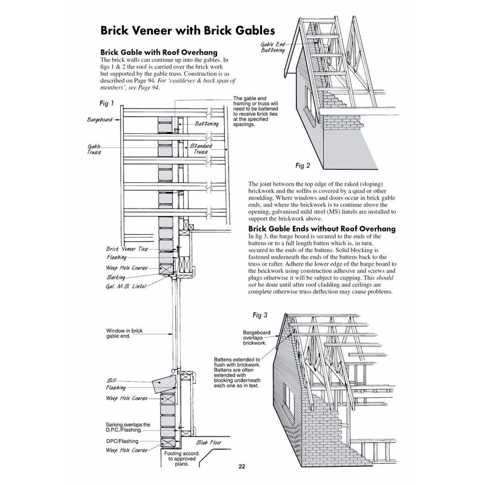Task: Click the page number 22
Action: [x=242, y=467]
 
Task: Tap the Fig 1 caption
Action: [x=107, y=103]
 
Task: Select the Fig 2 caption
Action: [x=303, y=166]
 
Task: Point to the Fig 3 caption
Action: [x=260, y=315]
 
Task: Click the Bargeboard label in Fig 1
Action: [x=99, y=119]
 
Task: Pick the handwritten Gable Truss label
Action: [x=94, y=149]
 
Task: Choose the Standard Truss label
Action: [x=201, y=149]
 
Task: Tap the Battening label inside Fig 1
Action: [x=207, y=124]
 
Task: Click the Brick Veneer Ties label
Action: [x=127, y=249]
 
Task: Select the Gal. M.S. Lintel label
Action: [x=126, y=286]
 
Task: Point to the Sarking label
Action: [x=116, y=277]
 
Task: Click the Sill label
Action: [x=112, y=381]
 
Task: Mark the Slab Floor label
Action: [x=209, y=443]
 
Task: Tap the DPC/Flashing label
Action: [x=122, y=441]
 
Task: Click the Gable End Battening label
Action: [x=272, y=47]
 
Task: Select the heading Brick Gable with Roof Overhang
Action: [x=159, y=52]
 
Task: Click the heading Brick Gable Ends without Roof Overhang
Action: [x=322, y=229]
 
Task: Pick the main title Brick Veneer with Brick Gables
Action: [x=188, y=31]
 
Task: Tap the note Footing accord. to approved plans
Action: [x=182, y=459]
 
